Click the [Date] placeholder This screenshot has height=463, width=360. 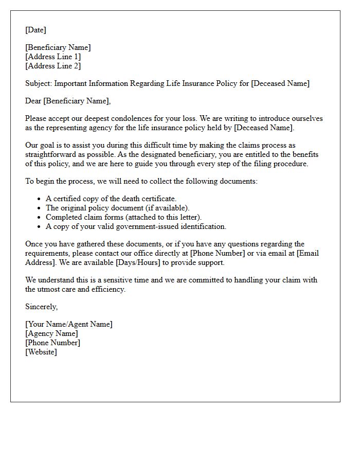(35, 30)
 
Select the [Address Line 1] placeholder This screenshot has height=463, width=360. (53, 57)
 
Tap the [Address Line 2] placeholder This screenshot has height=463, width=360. (53, 66)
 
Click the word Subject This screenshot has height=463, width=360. (39, 83)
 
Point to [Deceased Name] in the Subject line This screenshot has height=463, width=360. (280, 83)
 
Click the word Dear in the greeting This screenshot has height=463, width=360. (33, 101)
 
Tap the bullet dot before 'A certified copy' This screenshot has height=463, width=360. (39, 199)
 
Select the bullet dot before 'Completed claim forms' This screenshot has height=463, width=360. (39, 218)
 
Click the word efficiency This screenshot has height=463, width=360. (109, 289)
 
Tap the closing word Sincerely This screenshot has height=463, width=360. (42, 307)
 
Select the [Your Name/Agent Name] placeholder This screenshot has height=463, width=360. (69, 324)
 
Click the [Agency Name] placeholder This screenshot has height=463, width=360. (51, 333)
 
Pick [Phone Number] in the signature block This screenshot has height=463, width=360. (52, 343)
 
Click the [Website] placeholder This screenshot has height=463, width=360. (41, 352)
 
